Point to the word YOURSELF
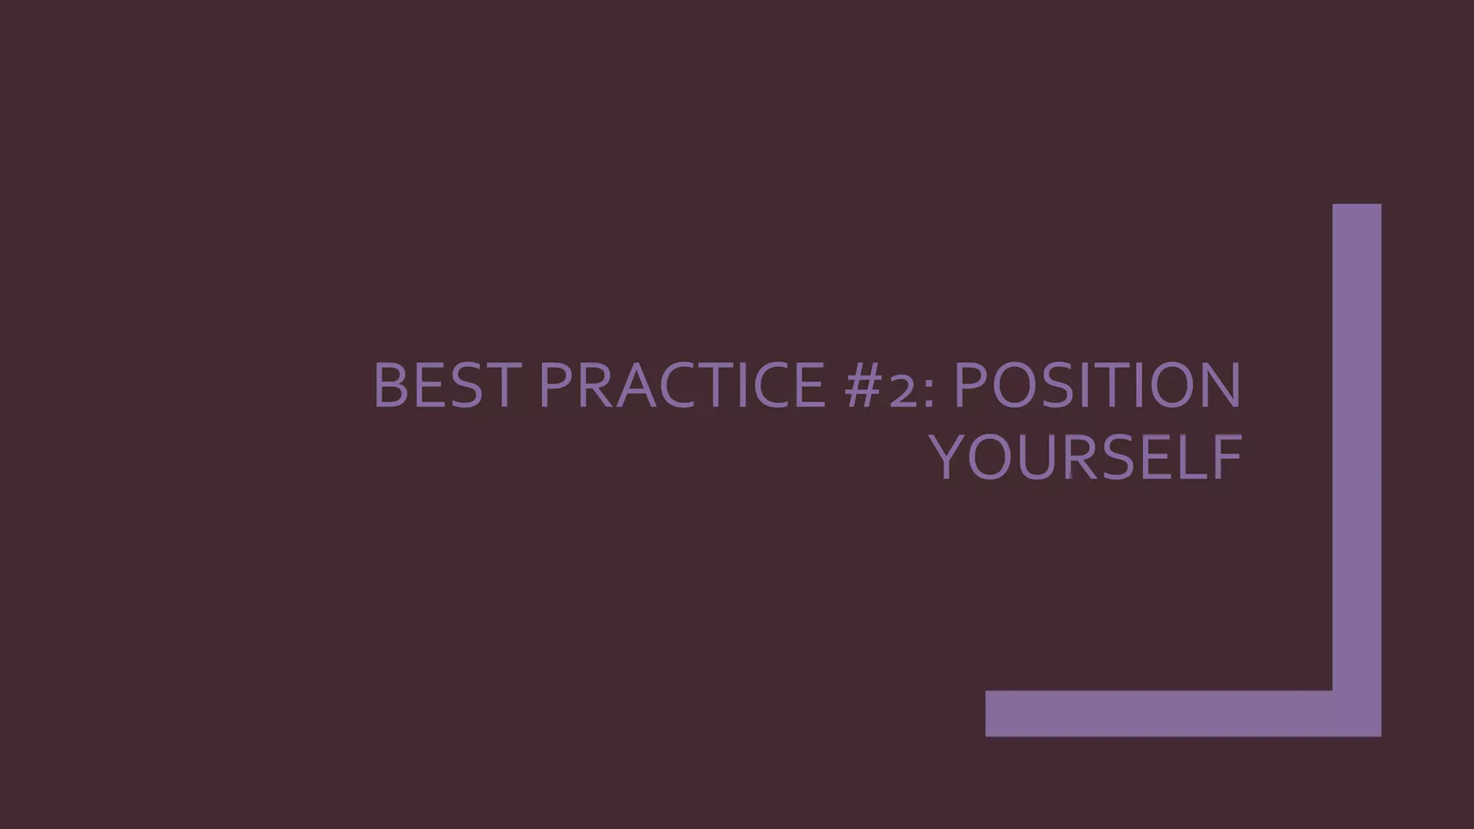tap(1087, 458)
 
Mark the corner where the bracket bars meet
tap(1357, 713)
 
